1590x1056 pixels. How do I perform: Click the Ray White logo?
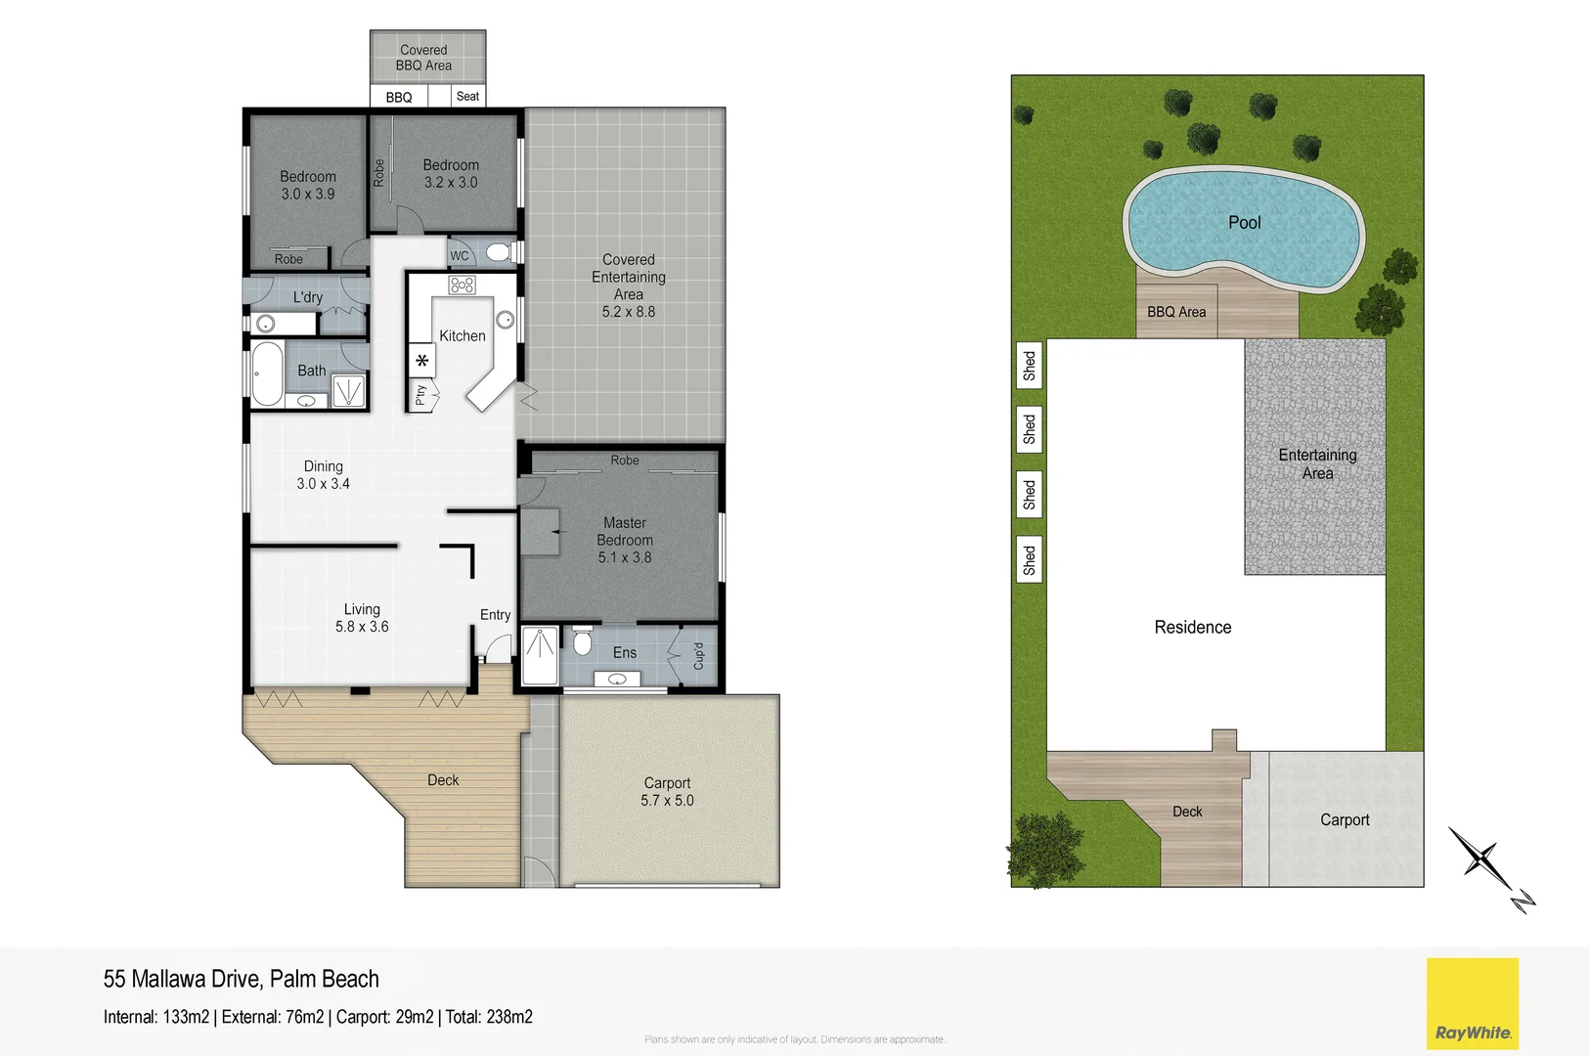click(x=1472, y=1003)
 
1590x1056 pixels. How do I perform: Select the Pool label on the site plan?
click(x=1244, y=223)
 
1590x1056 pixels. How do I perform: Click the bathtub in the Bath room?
click(x=267, y=374)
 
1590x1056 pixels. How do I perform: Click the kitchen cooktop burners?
click(x=463, y=285)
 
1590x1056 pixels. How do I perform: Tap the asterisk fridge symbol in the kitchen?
click(x=421, y=361)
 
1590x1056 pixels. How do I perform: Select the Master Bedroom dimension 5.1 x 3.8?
click(x=624, y=557)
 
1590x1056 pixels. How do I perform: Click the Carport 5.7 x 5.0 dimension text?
click(x=667, y=801)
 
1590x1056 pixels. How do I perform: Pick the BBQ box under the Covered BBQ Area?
click(x=399, y=97)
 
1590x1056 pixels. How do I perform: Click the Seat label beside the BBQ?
click(x=467, y=96)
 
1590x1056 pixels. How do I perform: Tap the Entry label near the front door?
click(x=495, y=615)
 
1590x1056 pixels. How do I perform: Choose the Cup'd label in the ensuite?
click(x=698, y=656)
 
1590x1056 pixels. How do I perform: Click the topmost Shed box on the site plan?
click(x=1029, y=365)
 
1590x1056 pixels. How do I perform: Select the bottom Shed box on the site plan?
click(x=1029, y=560)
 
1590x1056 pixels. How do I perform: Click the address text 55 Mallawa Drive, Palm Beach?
click(x=241, y=979)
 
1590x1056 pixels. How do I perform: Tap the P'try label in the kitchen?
click(x=420, y=395)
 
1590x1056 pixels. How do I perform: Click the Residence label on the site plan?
click(x=1192, y=628)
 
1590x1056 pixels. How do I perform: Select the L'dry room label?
click(x=307, y=297)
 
